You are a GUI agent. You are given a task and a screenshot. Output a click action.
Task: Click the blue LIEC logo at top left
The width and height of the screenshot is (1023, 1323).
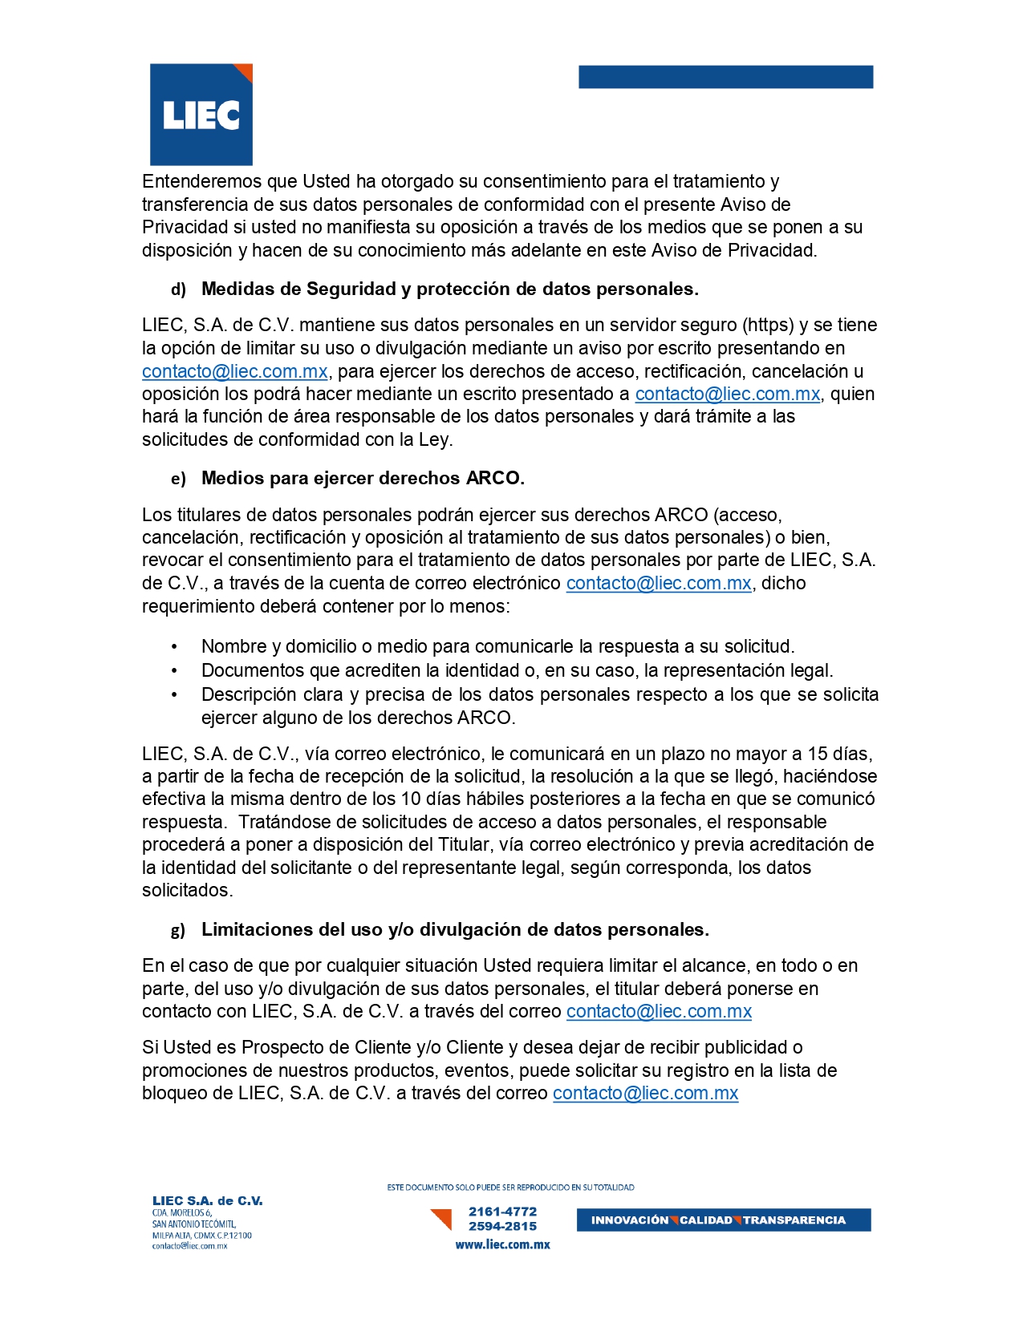point(201,115)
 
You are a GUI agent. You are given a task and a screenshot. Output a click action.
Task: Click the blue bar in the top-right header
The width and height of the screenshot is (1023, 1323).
point(725,77)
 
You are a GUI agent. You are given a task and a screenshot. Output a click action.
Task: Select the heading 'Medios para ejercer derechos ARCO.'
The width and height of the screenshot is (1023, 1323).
point(363,479)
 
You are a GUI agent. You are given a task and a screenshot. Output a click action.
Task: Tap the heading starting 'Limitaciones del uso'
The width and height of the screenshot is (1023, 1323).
point(455,930)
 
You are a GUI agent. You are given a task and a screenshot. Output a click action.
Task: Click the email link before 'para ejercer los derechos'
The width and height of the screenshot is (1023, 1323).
point(235,372)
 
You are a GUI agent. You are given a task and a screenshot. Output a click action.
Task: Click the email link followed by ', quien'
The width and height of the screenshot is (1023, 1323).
point(728,394)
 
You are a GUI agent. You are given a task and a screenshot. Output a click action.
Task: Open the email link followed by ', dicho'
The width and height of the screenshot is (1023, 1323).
point(659,584)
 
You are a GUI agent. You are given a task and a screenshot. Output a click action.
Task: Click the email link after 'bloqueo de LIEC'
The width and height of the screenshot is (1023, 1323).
point(645,1094)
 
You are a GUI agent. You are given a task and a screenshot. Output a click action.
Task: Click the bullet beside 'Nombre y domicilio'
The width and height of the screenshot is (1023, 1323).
point(174,647)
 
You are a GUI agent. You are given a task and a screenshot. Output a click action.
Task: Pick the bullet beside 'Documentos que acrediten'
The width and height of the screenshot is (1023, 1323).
point(174,671)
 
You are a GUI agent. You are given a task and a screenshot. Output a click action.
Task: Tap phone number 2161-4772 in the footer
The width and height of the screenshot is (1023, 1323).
point(503,1212)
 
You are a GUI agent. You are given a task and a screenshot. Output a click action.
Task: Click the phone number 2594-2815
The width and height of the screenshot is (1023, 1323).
point(503,1227)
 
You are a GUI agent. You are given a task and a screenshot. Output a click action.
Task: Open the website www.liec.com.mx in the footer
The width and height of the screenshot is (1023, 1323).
point(503,1245)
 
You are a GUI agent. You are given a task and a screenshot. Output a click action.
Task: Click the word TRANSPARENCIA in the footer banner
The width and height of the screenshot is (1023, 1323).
point(794,1220)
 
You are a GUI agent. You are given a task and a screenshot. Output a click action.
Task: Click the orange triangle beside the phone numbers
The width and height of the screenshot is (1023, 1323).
point(441,1219)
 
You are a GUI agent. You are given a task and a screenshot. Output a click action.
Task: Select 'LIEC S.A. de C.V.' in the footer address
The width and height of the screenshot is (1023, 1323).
point(208,1201)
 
